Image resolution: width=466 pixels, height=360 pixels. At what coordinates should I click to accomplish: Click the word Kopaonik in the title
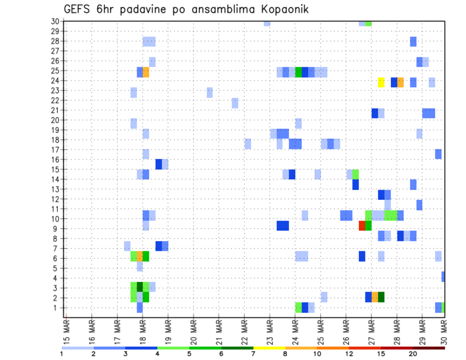click(x=282, y=10)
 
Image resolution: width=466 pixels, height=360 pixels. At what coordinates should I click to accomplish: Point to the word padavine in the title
click(x=140, y=10)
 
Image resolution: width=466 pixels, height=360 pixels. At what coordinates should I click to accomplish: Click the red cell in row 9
click(x=362, y=226)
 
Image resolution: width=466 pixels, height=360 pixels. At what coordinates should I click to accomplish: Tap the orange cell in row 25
click(x=146, y=72)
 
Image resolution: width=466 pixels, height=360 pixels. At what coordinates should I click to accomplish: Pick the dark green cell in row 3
click(x=140, y=287)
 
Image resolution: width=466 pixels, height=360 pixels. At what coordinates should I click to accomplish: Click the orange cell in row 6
click(x=140, y=256)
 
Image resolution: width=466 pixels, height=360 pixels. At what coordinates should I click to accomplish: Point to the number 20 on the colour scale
click(x=413, y=354)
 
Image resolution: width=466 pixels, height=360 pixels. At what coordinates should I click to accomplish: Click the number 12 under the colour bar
click(x=349, y=354)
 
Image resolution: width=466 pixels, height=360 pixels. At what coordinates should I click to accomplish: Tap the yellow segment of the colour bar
click(x=269, y=348)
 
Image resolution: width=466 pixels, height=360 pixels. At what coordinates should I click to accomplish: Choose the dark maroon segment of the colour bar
click(x=429, y=348)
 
